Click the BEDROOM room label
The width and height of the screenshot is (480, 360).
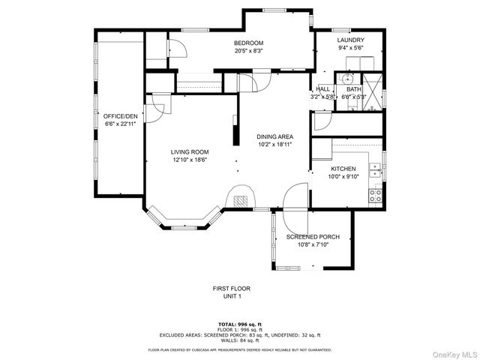[x=247, y=43]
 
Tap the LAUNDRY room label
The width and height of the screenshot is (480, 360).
[x=350, y=40]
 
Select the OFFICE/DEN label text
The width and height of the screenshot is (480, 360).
[x=121, y=116]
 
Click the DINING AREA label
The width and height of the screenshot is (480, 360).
[x=274, y=136]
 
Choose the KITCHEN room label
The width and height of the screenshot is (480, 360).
[x=344, y=169]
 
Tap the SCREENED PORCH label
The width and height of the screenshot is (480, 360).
[x=313, y=237]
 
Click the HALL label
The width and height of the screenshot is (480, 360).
[x=323, y=88]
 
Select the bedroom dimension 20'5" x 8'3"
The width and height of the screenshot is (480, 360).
[x=247, y=51]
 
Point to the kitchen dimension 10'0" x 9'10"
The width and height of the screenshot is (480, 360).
[x=344, y=177]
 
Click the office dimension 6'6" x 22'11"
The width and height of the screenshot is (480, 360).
[x=121, y=124]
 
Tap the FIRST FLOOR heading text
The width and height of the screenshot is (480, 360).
[x=231, y=288]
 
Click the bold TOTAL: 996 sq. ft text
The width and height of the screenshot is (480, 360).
[x=239, y=324]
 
